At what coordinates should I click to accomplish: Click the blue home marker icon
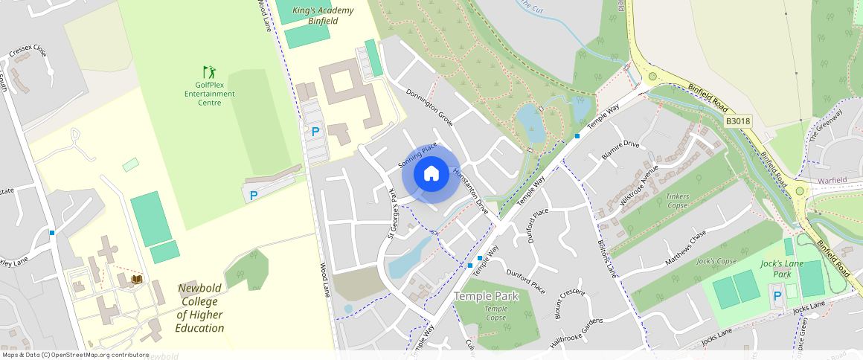431,175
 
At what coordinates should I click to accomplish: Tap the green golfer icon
209,72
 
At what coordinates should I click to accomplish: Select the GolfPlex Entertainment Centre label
209,94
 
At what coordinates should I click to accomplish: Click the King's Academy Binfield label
323,16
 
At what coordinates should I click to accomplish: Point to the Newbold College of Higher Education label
199,308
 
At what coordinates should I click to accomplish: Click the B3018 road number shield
737,120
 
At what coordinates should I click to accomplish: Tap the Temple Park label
486,296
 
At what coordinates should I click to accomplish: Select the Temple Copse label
495,313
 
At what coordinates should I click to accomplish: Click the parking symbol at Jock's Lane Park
777,296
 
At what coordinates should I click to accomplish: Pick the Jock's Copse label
716,261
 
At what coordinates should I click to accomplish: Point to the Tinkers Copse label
678,201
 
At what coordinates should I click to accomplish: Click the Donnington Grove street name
429,107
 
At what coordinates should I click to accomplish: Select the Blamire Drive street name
620,144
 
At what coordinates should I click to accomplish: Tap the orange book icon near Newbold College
137,279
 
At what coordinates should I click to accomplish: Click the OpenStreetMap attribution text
74,355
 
